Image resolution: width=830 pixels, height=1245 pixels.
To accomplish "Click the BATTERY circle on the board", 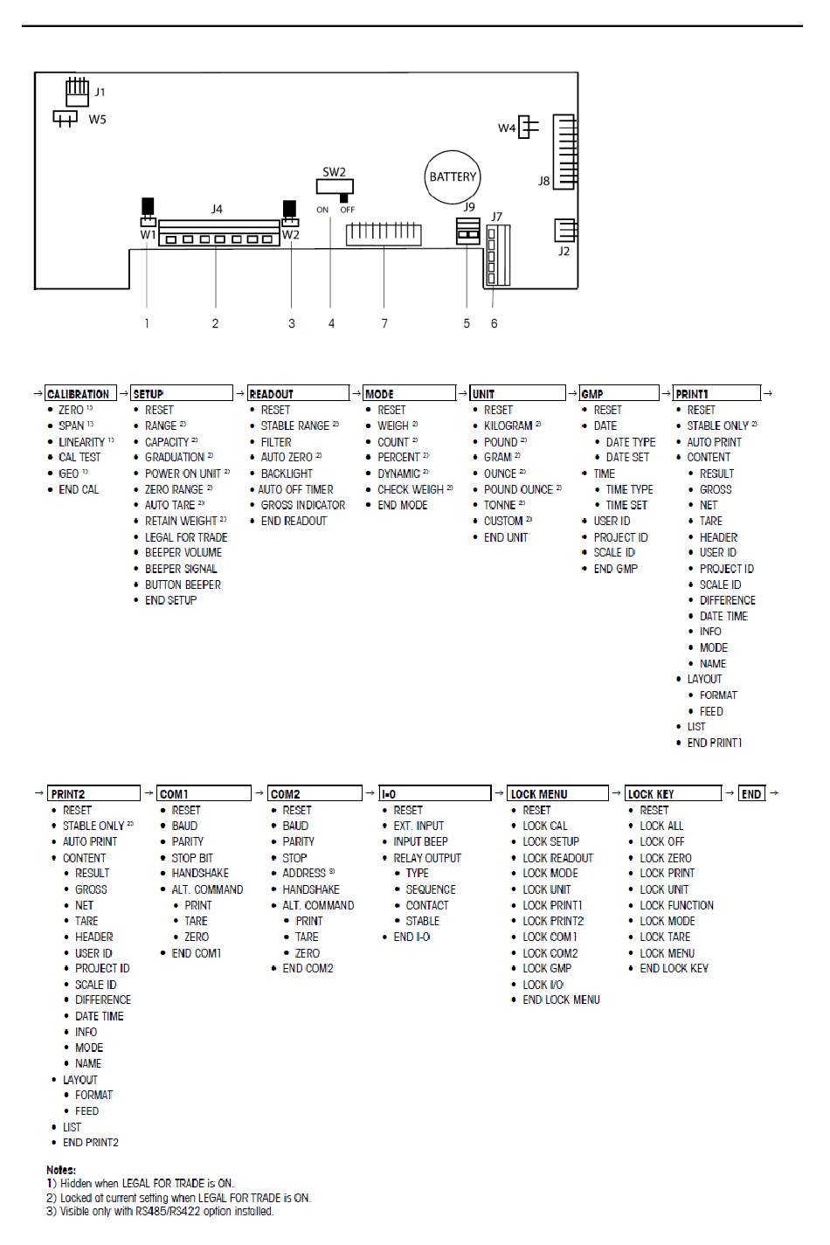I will click(x=453, y=177).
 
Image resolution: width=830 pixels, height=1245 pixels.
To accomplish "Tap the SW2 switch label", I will click(x=335, y=172).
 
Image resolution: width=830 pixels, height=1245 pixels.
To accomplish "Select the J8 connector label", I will click(x=544, y=182).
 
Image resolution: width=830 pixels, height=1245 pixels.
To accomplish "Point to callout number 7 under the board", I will click(x=384, y=323).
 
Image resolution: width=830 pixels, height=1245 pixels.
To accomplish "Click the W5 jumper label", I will click(x=97, y=119).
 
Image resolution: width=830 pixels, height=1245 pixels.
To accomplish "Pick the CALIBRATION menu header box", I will click(x=79, y=394).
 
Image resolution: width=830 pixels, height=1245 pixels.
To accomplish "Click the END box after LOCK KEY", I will click(x=751, y=794).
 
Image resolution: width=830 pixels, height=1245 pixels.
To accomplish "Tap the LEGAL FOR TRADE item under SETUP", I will click(x=186, y=537).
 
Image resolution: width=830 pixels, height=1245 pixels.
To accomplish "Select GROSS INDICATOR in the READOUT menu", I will click(x=302, y=505).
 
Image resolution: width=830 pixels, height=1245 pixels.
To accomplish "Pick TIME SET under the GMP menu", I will click(x=627, y=505).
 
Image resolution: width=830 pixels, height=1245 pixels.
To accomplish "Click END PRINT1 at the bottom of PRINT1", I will click(x=714, y=743).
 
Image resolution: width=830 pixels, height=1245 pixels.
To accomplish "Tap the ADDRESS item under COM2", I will click(x=304, y=873).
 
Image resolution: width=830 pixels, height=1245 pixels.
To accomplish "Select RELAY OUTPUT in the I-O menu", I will click(x=427, y=858).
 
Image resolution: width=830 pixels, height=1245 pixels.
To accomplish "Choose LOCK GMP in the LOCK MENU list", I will click(x=547, y=968).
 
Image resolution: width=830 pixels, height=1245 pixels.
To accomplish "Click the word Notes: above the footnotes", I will click(x=61, y=1170).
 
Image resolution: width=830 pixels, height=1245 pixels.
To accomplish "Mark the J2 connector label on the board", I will click(x=564, y=252).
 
